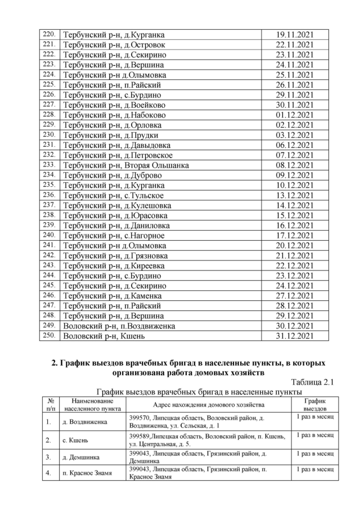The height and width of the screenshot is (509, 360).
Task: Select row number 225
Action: pyautogui.click(x=49, y=84)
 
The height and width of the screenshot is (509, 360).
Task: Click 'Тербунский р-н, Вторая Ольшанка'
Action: pyautogui.click(x=125, y=165)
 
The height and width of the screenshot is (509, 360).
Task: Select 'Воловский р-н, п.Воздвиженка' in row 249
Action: pyautogui.click(x=119, y=326)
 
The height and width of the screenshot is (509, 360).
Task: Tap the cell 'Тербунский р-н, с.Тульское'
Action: pyautogui.click(x=113, y=195)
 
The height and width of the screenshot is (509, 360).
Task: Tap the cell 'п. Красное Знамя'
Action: pyautogui.click(x=86, y=473)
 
